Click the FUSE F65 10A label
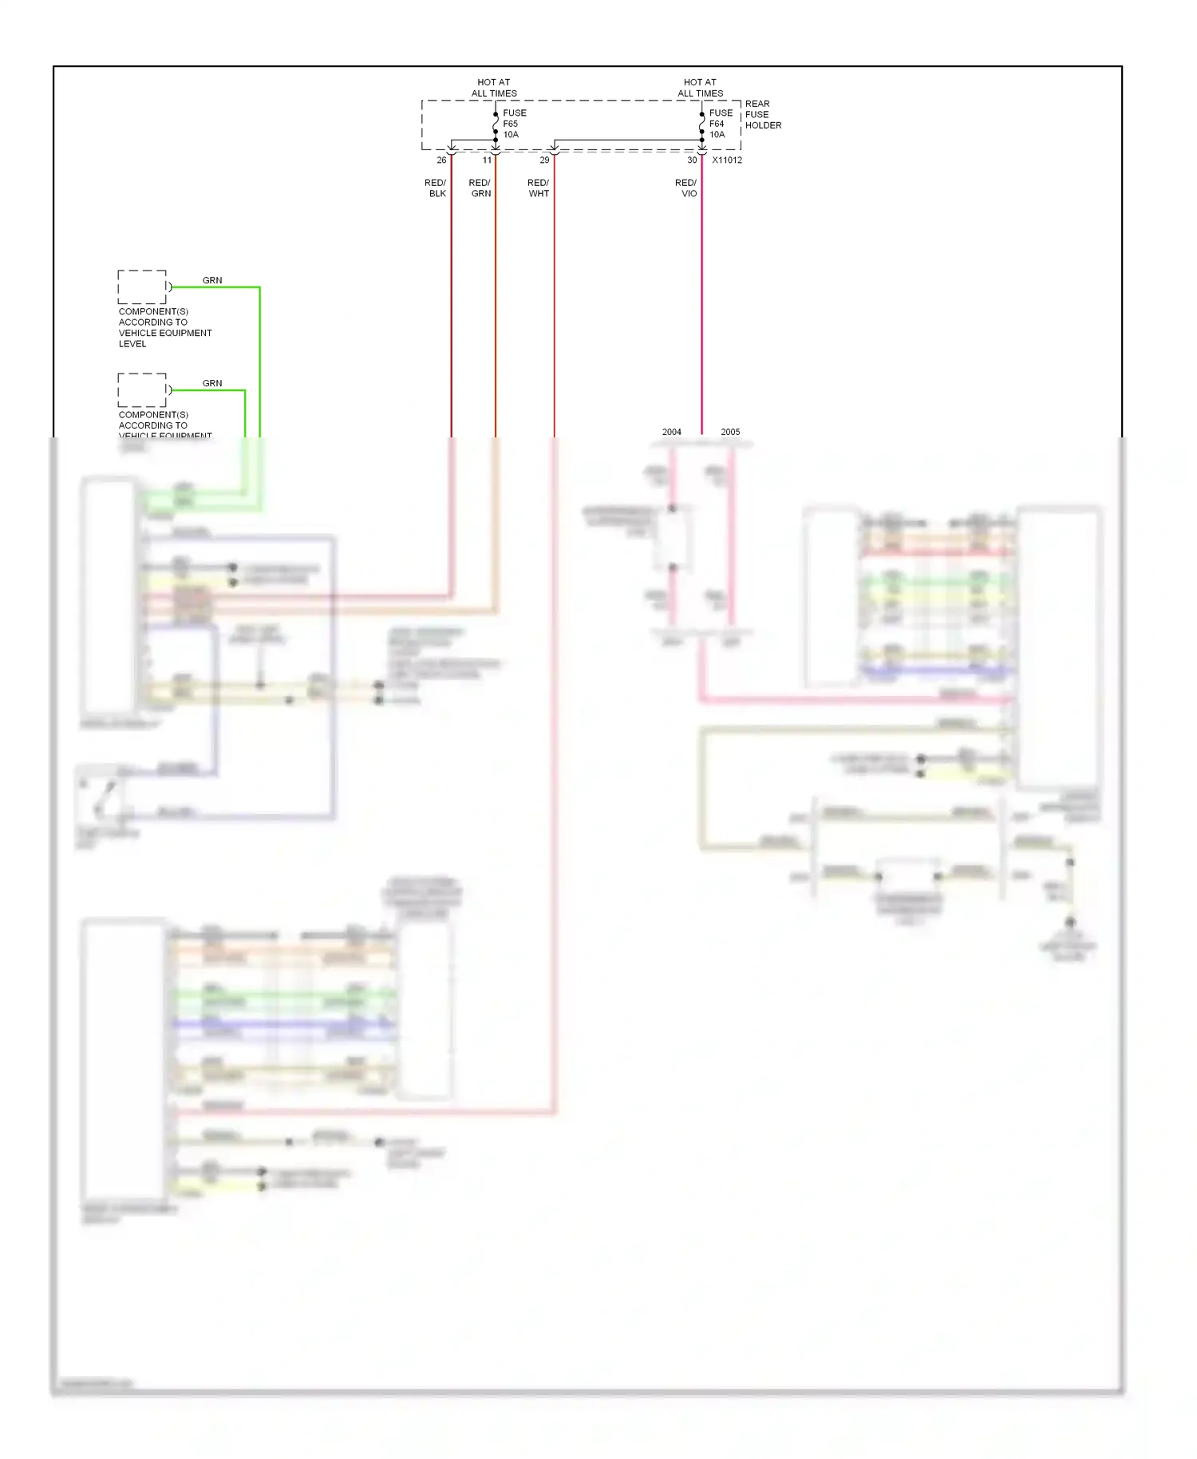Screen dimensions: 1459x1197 513,124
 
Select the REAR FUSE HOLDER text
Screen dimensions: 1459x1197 762,114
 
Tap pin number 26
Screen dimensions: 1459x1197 441,160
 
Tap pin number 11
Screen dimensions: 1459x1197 487,160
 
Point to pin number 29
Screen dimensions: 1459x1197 544,160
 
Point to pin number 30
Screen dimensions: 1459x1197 692,160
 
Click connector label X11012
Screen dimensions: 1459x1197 727,160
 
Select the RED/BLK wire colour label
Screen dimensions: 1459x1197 436,188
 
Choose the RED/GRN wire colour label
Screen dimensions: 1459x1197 480,188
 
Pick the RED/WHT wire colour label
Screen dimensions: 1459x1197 539,188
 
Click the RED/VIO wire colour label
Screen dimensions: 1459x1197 686,188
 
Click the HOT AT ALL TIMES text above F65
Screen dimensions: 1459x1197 494,88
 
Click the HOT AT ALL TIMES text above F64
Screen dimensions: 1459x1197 700,88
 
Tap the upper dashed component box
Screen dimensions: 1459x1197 142,287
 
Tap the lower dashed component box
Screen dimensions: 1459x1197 142,389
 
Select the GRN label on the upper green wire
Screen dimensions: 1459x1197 212,280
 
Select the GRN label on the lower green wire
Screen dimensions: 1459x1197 212,383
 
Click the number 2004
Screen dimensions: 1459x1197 672,432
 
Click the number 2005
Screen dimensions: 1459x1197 730,432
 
